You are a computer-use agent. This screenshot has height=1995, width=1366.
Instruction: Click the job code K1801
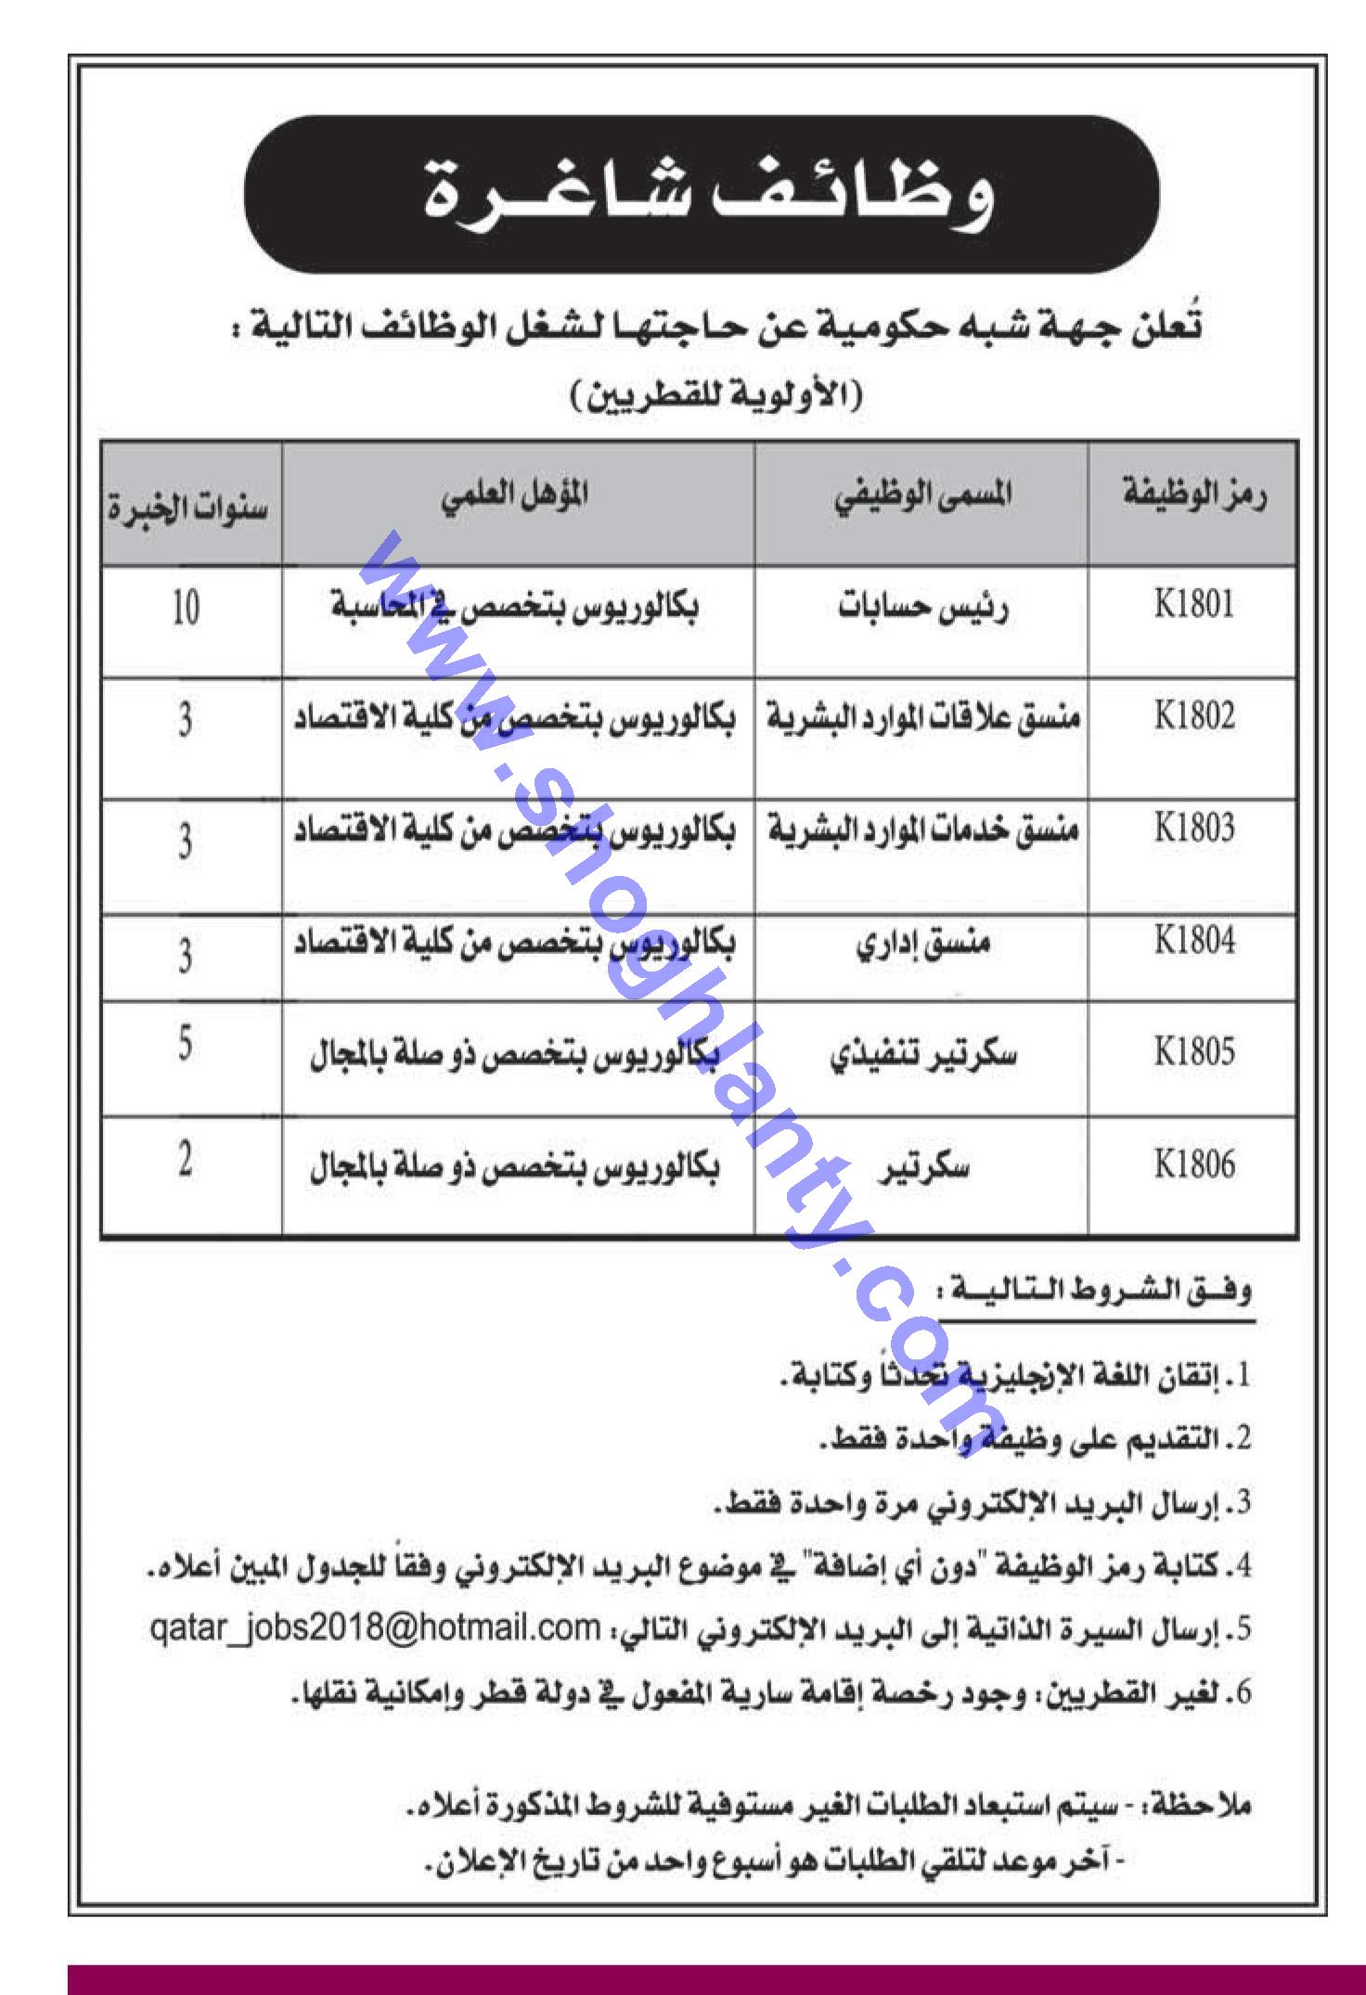[1193, 606]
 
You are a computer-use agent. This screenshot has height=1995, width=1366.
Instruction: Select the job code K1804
[1193, 943]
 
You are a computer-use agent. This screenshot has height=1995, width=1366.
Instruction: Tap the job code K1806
[1193, 1165]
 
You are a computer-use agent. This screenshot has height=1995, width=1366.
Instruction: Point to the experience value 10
[186, 610]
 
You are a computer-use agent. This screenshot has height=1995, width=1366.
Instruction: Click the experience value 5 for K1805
[186, 1047]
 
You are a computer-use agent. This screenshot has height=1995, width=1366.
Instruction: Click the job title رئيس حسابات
[922, 611]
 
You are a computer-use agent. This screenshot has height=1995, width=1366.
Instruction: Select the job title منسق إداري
[922, 945]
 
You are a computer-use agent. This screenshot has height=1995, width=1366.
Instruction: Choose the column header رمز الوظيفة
[1194, 496]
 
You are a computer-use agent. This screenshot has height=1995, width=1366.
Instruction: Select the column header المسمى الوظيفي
[922, 496]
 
